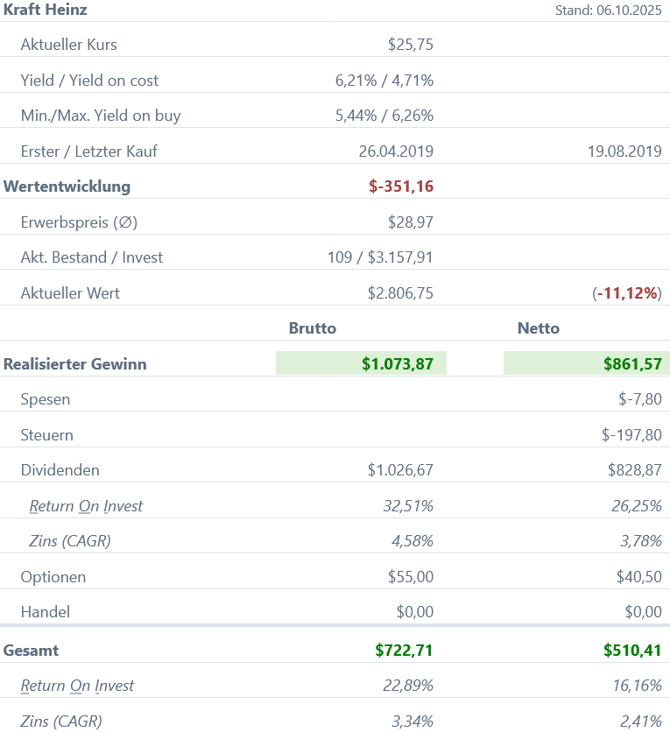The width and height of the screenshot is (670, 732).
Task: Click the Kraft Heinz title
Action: click(x=46, y=11)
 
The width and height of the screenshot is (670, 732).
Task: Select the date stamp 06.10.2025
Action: click(x=628, y=11)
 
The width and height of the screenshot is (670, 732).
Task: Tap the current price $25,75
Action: click(x=410, y=45)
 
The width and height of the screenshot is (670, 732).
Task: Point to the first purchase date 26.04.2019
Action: click(x=396, y=151)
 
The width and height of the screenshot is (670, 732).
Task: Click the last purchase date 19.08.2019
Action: click(x=624, y=151)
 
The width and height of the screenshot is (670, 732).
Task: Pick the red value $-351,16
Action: click(x=401, y=187)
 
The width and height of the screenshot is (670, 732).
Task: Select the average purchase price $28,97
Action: click(x=410, y=222)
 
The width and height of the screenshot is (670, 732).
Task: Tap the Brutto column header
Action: click(x=313, y=328)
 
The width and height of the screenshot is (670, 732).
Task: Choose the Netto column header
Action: click(x=539, y=328)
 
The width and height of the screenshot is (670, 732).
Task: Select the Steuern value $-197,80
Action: click(x=631, y=435)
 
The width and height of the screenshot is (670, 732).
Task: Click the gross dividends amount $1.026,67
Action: click(x=400, y=470)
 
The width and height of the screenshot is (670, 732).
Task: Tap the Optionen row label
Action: click(x=53, y=577)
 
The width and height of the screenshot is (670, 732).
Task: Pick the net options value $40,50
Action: click(x=638, y=577)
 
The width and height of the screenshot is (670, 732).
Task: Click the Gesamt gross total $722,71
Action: click(x=404, y=651)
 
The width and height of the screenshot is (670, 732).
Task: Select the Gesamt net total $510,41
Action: click(x=632, y=651)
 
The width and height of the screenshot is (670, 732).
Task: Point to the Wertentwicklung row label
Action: click(x=67, y=187)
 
